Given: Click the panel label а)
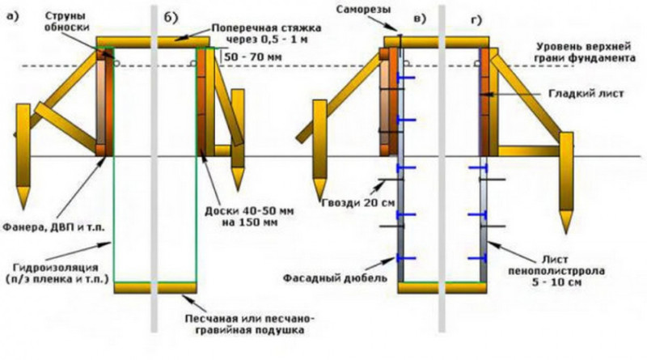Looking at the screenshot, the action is coord(13,16).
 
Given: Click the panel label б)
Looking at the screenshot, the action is coord(171,18).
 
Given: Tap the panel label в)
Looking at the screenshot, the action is coord(420,19).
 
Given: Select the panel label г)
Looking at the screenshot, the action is coord(476,19).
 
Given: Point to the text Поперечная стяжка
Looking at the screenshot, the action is coord(266,28).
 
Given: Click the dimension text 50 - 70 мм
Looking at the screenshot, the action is coord(253,57).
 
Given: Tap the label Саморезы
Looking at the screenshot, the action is coord(363,10).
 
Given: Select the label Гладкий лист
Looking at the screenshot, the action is coord(586,94).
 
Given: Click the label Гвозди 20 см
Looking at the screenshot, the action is coord(357,203).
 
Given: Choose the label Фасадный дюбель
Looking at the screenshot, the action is coord(335,277).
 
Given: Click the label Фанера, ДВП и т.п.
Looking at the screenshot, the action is coord(54,227).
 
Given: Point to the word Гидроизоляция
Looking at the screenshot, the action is coord(56,268).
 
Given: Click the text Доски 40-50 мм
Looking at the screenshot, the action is coord(249,211).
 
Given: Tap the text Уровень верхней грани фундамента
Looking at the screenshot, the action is coord(585,52).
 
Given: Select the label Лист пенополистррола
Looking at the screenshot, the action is coord(556,265).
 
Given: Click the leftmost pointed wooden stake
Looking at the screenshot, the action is coord(23,156).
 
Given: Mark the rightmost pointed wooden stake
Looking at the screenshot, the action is coord(566,183).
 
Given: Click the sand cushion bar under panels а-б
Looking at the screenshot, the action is coord(155,288).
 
